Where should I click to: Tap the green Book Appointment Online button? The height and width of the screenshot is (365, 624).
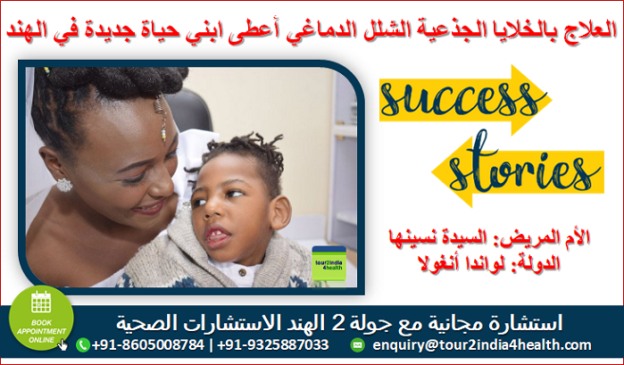(x=41, y=319)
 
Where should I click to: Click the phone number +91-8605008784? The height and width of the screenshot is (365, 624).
(x=148, y=344)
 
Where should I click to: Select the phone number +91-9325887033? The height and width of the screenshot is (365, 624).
(x=273, y=344)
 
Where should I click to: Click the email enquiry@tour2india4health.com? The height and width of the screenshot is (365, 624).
(x=481, y=345)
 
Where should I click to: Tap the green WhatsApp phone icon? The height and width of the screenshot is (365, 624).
(x=83, y=344)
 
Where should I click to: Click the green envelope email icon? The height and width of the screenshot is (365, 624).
(x=357, y=344)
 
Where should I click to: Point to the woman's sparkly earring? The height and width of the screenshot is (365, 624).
(x=63, y=185)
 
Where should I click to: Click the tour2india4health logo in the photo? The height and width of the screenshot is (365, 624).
(x=329, y=263)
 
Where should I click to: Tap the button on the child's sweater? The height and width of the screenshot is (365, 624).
(x=242, y=273)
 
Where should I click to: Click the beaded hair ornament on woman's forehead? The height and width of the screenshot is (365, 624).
(x=161, y=118)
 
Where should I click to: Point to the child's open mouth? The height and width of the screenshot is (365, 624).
(x=217, y=236)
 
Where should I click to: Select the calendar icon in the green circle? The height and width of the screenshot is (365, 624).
(x=41, y=303)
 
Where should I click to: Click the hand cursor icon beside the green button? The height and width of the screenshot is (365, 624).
(x=62, y=344)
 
